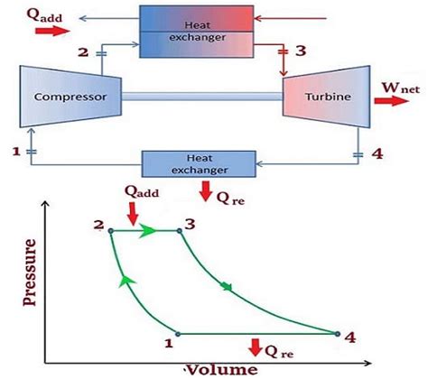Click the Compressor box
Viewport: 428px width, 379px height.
pos(65,97)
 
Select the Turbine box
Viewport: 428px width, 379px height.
pos(323,96)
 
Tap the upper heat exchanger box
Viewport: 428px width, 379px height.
pos(194,31)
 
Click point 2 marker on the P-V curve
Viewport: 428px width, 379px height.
pos(111,231)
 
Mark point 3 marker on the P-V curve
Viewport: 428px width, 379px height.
pos(180,231)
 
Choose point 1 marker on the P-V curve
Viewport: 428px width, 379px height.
pos(177,334)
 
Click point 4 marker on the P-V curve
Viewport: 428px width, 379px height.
pos(338,334)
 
